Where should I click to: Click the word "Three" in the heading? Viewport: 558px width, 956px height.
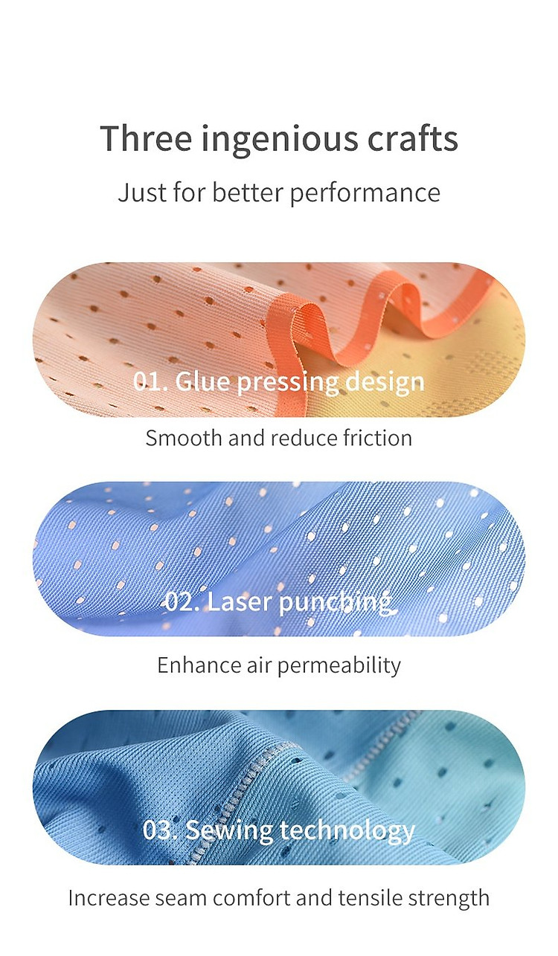point(146,138)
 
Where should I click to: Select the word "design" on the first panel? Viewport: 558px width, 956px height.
point(385,383)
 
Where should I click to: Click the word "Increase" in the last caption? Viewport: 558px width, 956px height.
point(109,897)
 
